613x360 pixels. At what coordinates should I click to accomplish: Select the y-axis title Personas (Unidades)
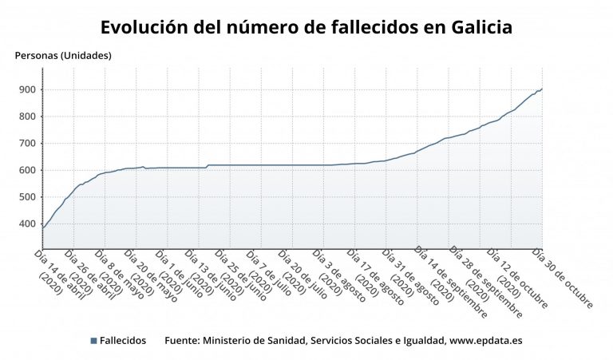coord(63,56)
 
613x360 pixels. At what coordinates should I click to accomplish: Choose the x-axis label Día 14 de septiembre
coord(450,283)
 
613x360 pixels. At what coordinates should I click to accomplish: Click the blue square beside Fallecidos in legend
coord(94,341)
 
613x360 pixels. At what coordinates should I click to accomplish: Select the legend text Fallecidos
coord(123,341)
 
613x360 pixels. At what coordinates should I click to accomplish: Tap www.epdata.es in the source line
coord(485,341)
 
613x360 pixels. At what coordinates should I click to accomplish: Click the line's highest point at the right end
coord(542,89)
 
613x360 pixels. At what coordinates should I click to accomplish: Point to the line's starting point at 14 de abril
coord(42,228)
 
